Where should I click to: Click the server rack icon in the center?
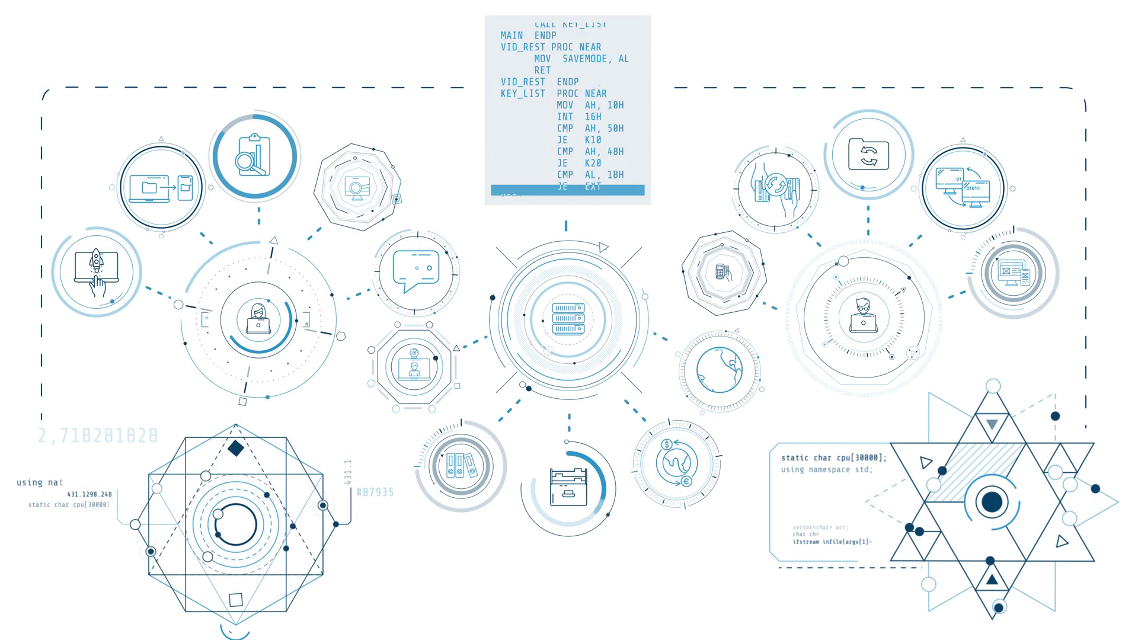[x=568, y=318]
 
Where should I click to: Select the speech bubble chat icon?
[x=416, y=270]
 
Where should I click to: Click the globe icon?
[x=719, y=370]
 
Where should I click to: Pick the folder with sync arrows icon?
[x=868, y=155]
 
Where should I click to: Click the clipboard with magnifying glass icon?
[x=254, y=156]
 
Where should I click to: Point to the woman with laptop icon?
[x=258, y=319]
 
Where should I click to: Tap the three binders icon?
[x=461, y=465]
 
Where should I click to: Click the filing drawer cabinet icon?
[x=568, y=487]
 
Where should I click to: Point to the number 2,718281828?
[x=98, y=436]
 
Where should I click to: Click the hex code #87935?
[x=375, y=492]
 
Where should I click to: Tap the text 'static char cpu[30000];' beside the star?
[x=833, y=457]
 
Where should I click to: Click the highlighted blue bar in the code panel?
[x=567, y=190]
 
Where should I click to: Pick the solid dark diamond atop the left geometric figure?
[x=236, y=448]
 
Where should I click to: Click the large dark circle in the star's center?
[x=992, y=502]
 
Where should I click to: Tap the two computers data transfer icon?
[x=963, y=187]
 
